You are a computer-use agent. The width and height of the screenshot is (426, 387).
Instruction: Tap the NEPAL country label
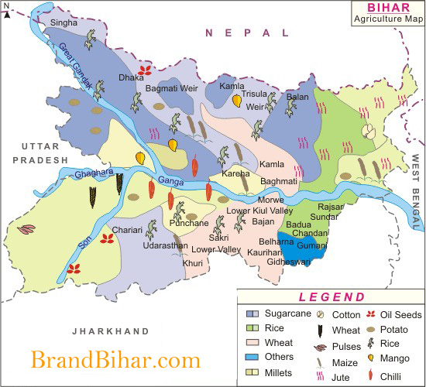(246, 33)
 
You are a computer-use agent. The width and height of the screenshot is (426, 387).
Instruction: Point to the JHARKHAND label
(110, 331)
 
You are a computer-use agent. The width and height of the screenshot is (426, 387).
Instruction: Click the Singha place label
(64, 23)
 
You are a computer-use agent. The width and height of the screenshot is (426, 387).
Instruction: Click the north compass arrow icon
(7, 7)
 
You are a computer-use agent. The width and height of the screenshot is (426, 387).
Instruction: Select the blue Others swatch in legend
(252, 357)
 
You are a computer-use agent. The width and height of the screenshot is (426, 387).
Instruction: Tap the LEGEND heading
(331, 296)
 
